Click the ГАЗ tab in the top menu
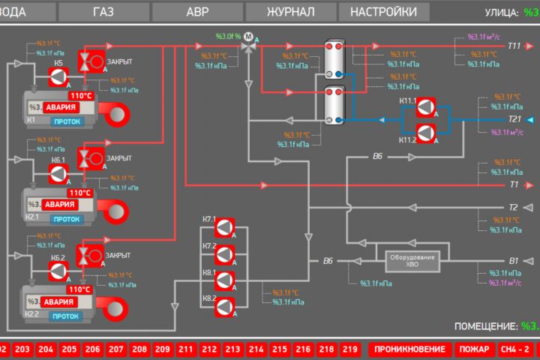(x=104, y=12)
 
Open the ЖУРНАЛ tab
(x=290, y=12)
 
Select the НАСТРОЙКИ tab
(x=383, y=12)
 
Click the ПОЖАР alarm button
(x=474, y=349)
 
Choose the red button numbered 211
(x=185, y=349)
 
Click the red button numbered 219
(x=349, y=349)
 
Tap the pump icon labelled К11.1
(x=426, y=106)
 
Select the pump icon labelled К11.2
(x=426, y=133)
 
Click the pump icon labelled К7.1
(x=226, y=226)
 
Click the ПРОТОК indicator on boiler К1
(x=66, y=119)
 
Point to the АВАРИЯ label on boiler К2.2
(x=59, y=301)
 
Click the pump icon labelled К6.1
(x=58, y=174)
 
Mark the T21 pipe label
(x=514, y=119)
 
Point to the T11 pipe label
(x=514, y=46)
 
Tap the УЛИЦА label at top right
(x=502, y=12)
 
